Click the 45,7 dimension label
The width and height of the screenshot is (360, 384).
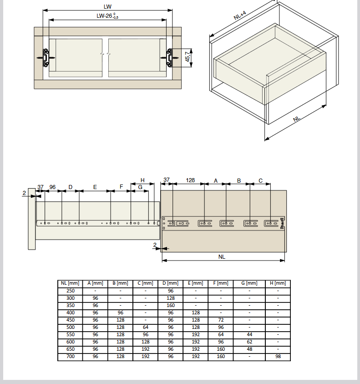click(x=188, y=57)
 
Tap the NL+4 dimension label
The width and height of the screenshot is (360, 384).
click(x=240, y=15)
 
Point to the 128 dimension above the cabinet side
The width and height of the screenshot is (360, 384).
click(x=190, y=180)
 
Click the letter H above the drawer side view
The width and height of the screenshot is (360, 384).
click(x=142, y=180)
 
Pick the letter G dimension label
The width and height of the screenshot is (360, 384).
click(x=140, y=187)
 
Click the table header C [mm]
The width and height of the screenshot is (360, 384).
click(x=145, y=283)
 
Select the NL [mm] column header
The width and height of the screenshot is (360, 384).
click(x=70, y=283)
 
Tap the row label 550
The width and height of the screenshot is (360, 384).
click(x=71, y=334)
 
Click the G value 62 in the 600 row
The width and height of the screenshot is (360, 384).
click(x=249, y=342)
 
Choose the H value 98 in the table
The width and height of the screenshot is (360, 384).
click(x=278, y=356)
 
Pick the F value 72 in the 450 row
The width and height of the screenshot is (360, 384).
click(x=221, y=320)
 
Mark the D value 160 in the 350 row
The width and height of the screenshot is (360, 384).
click(x=171, y=305)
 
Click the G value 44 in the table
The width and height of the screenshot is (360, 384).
click(x=249, y=334)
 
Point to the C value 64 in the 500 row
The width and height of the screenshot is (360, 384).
click(x=145, y=327)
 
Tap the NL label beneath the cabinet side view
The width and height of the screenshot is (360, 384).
click(x=222, y=256)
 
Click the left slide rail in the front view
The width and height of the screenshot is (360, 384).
click(x=46, y=58)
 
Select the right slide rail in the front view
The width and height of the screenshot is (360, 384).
click(x=169, y=58)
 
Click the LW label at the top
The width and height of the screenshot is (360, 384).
click(x=107, y=7)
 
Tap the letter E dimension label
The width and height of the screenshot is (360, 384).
click(x=95, y=187)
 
